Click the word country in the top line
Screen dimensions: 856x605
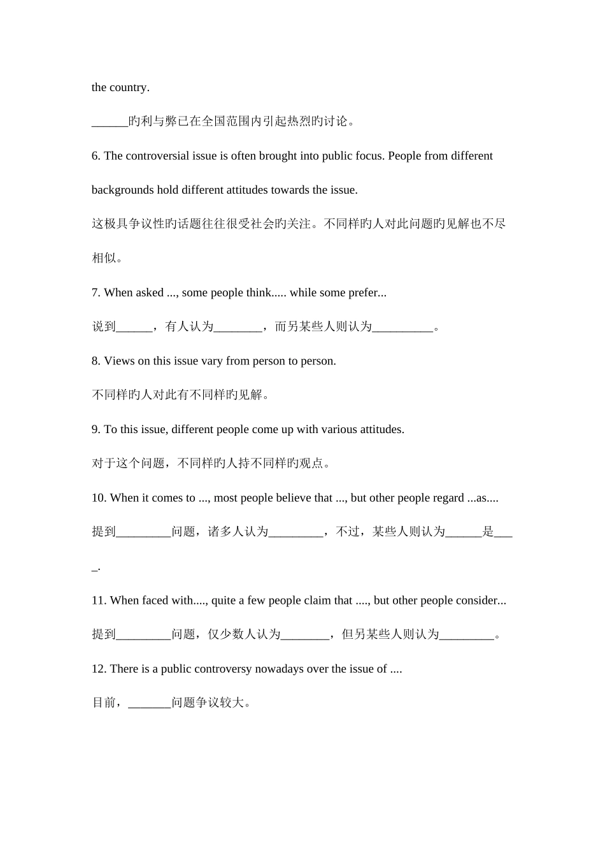(x=129, y=88)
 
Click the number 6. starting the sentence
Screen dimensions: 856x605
(x=96, y=156)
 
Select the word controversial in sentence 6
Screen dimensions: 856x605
(x=158, y=156)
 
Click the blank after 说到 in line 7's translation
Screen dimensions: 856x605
(x=134, y=327)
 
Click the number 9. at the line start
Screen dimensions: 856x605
(x=96, y=430)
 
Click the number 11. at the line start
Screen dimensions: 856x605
(x=99, y=601)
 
